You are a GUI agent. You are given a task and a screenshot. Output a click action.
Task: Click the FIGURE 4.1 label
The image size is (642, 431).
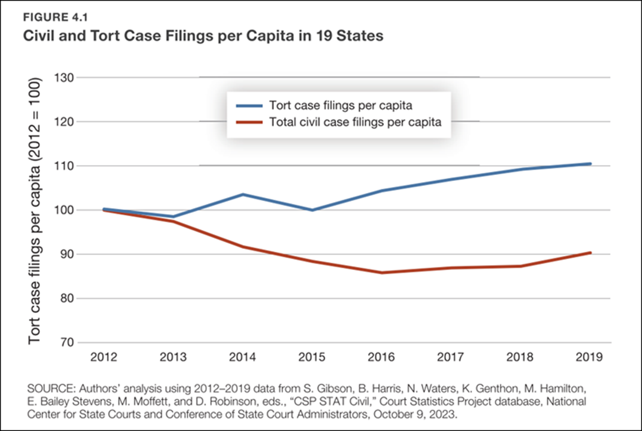(x=55, y=17)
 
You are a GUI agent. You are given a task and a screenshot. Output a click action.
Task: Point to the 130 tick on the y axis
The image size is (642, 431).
(x=64, y=78)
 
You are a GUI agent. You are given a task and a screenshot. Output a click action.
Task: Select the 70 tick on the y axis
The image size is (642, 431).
(x=67, y=342)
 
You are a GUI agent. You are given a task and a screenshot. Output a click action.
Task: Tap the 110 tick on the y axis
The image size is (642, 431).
(x=64, y=166)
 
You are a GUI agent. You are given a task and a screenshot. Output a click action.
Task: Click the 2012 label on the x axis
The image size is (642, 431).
(x=104, y=357)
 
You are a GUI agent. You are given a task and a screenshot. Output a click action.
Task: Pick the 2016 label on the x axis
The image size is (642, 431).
(x=381, y=357)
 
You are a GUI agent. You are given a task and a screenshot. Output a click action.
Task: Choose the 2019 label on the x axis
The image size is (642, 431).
(x=589, y=357)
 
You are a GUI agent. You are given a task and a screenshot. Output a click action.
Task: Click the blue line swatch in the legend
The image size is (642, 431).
(x=249, y=106)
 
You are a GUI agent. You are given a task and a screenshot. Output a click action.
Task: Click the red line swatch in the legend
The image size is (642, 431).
(x=249, y=122)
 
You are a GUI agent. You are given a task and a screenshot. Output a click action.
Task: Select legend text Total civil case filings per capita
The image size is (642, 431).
(x=355, y=122)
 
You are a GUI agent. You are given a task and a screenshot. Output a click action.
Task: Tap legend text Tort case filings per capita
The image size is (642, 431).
(x=341, y=106)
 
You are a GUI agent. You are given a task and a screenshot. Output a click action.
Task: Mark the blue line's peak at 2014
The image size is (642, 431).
(x=243, y=194)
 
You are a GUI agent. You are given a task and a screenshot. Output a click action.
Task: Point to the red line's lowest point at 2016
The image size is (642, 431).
(x=382, y=273)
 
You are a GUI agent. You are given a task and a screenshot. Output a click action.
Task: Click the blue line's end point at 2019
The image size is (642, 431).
(x=590, y=164)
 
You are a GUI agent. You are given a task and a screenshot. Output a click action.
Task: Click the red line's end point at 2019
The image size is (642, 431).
(x=590, y=253)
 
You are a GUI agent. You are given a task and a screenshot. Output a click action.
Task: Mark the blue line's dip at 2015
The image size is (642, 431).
(x=312, y=210)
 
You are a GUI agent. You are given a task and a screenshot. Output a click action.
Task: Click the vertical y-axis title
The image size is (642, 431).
(x=35, y=210)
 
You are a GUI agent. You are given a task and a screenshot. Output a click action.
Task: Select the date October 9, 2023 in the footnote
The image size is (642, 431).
(x=415, y=414)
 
